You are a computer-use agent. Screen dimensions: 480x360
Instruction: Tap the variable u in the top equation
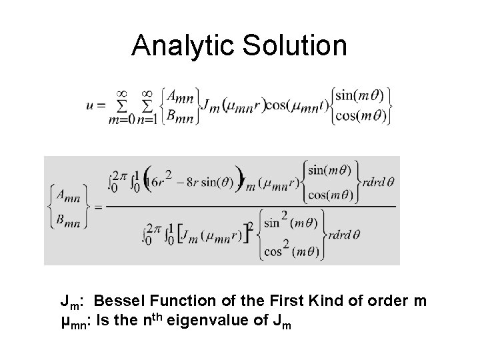(x=90, y=105)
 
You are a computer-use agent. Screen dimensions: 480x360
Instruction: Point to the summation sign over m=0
(x=123, y=105)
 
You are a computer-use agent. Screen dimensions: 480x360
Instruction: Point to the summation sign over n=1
(x=148, y=105)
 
